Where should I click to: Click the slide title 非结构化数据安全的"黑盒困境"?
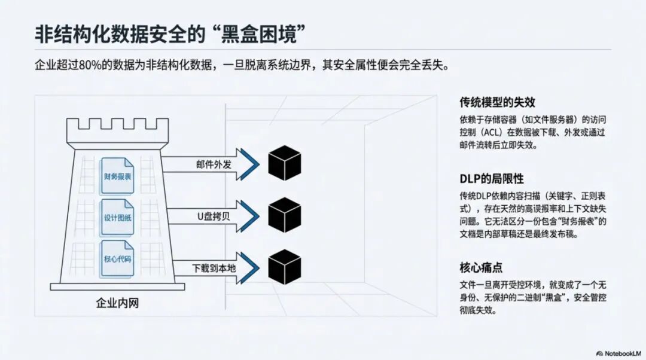point(167,34)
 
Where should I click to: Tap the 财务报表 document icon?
point(117,175)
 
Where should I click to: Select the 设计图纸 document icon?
point(117,219)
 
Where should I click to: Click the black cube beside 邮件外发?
point(284,163)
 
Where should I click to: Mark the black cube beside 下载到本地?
point(284,267)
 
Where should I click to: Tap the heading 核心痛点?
point(481,268)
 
